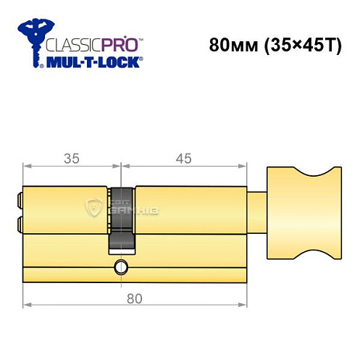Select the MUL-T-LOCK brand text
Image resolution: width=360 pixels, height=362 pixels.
[94, 63]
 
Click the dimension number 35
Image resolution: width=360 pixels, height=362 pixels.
[70, 156]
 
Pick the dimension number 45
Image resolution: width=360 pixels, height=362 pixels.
[185, 156]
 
